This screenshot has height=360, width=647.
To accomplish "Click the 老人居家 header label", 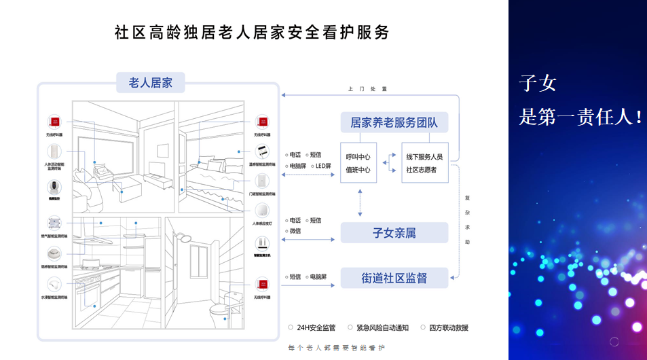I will point(150,84).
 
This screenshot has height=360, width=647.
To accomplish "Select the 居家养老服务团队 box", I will point(394,123).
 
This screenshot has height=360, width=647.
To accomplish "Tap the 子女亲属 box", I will point(394,233).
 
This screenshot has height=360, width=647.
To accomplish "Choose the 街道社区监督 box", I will point(394,277).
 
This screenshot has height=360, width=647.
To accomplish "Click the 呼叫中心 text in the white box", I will point(358,157).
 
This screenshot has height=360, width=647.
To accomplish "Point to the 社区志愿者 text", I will point(422,170).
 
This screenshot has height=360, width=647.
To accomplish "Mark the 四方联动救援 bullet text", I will point(449,327).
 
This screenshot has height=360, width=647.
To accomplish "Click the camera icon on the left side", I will point(54,187).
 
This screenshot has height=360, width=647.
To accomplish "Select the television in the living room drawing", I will point(157,168).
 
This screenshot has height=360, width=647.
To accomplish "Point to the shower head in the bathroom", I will point(183,237).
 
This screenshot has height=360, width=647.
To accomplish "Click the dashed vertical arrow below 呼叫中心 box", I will point(359,202).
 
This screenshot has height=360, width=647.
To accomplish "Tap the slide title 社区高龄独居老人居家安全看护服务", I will point(253,32).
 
